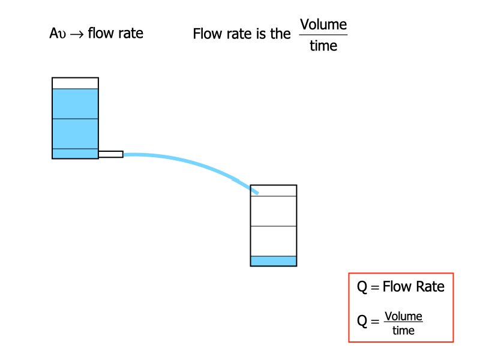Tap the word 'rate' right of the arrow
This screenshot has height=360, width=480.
130,33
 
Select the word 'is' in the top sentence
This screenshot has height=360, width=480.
261,34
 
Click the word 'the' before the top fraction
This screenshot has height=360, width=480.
280,34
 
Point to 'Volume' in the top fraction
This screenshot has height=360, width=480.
323,25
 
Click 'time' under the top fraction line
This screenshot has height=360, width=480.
323,46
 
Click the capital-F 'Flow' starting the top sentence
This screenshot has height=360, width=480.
206,34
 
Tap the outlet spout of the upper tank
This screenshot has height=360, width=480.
110,154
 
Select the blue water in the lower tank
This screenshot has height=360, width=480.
274,261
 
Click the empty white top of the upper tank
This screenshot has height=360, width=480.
75,83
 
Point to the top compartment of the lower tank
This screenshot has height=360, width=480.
274,191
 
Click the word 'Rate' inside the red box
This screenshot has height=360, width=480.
429,287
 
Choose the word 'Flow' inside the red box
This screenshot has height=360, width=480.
397,287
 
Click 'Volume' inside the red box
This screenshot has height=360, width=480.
403,316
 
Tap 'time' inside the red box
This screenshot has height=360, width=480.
403,329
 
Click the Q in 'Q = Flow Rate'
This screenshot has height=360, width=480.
362,287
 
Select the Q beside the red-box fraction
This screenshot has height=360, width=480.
362,322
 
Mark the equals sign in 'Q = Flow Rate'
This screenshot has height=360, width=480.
375,287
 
